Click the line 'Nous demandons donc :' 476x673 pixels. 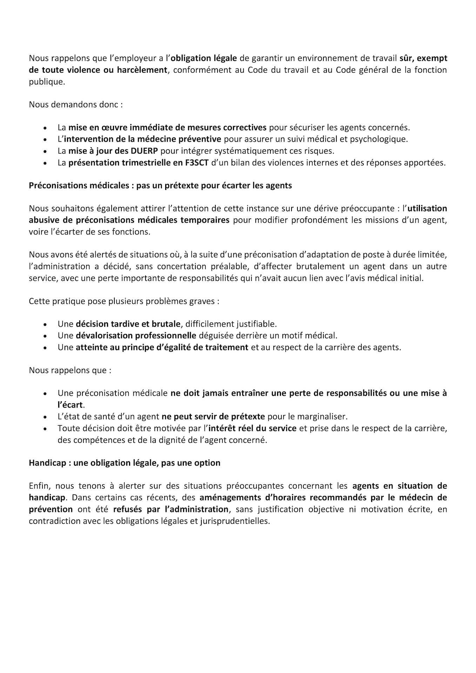click(x=76, y=104)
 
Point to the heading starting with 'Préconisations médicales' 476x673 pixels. click(x=160, y=185)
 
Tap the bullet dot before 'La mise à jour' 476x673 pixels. click(x=45, y=151)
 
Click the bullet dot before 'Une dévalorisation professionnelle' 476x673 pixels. click(x=45, y=336)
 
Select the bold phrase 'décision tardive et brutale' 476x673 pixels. click(x=128, y=324)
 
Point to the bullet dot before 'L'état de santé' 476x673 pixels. click(x=45, y=417)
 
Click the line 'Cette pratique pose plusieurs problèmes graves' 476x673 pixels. click(x=124, y=301)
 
